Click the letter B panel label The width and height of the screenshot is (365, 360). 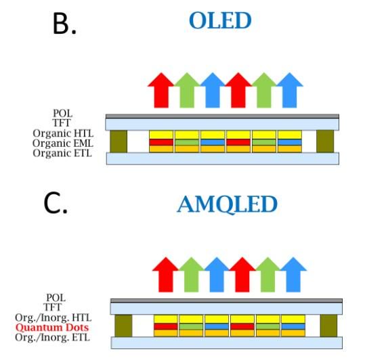64,24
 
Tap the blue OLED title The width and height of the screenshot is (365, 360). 220,20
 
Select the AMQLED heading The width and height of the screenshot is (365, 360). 228,204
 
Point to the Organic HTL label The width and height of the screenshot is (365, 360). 63,133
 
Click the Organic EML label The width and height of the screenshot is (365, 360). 63,143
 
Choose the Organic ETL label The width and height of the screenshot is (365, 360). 62,153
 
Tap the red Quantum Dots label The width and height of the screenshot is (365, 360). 52,328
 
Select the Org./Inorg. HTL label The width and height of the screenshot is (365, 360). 53,317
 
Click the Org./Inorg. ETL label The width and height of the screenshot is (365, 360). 52,338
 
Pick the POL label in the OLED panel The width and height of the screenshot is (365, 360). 63,114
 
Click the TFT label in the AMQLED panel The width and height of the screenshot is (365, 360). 53,307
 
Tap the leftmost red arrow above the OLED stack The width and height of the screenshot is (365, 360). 161,90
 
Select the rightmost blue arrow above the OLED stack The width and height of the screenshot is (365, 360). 290,90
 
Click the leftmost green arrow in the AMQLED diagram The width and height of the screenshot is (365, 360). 192,275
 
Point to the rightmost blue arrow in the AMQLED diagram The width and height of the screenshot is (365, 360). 293,275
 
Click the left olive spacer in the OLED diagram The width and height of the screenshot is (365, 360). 119,141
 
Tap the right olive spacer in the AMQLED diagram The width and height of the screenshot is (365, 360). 328,325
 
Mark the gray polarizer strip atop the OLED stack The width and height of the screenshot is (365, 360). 222,116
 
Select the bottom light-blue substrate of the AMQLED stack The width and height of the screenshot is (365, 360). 227,343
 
